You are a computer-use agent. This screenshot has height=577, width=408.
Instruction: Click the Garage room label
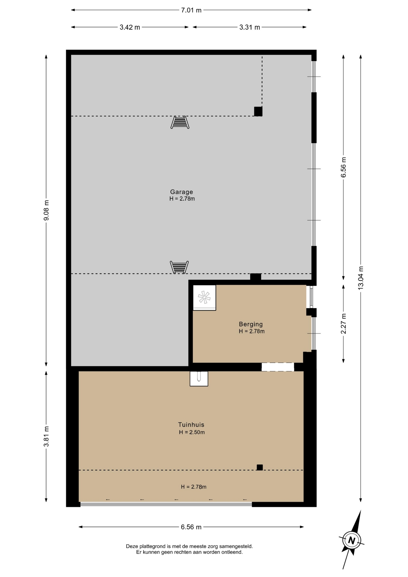181,192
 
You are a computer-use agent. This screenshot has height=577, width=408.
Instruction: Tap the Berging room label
251,324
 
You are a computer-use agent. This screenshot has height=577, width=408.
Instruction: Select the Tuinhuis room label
191,425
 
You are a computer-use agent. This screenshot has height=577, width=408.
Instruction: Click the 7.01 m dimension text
191,10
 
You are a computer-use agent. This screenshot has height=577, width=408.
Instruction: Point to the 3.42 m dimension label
130,27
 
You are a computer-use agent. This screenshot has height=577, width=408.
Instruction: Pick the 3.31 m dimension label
250,27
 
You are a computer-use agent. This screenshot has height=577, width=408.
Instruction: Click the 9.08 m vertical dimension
46,210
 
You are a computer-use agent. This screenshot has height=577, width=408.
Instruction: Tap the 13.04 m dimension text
361,278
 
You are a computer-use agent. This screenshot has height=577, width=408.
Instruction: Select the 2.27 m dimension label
343,324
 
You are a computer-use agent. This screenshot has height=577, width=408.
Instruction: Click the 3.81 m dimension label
46,436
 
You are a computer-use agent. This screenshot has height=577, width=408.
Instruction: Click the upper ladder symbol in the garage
180,122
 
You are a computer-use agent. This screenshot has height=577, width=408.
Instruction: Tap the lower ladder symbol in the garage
179,267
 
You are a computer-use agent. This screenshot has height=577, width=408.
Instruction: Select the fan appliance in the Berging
204,298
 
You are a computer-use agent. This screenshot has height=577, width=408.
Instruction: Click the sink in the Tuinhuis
199,379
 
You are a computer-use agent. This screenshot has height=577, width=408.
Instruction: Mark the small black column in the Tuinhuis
260,467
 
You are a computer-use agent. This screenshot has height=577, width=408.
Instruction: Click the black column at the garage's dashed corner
258,111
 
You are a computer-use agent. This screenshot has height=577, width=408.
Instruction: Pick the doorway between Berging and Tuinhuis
278,367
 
